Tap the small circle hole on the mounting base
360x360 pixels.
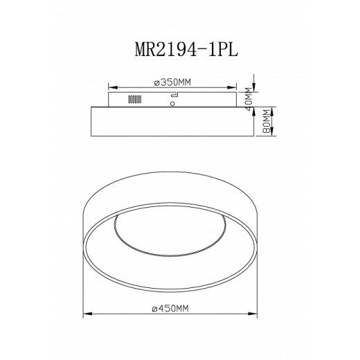pos(170,104)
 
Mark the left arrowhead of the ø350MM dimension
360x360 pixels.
pos(112,87)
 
